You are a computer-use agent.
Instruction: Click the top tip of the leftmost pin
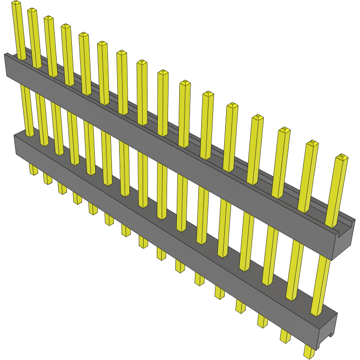(16, 3)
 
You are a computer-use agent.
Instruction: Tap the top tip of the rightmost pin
(342, 157)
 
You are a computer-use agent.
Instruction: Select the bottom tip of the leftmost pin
(34, 172)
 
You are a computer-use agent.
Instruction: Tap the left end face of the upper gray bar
(6, 65)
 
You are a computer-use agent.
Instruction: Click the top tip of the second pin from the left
(32, 11)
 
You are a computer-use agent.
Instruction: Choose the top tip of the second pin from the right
(312, 144)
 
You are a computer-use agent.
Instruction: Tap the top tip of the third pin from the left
(48, 19)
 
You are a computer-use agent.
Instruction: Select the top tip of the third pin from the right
(284, 130)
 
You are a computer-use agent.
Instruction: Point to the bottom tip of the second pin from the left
(47, 181)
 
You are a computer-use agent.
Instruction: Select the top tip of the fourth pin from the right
(257, 118)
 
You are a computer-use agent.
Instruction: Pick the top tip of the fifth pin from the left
(83, 35)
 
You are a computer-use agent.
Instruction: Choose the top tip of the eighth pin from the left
(141, 63)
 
